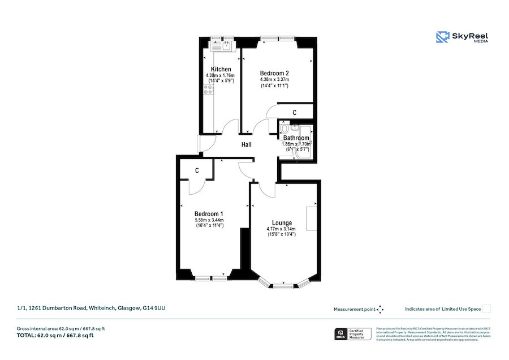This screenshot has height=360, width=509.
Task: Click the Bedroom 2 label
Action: point(274,73)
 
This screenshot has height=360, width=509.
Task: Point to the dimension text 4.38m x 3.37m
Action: point(274,80)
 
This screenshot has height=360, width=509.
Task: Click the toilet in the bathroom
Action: point(284,128)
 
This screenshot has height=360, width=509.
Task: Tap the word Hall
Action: point(246,145)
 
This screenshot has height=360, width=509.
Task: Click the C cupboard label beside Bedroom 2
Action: point(294,113)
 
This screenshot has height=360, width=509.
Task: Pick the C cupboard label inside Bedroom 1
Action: point(196,170)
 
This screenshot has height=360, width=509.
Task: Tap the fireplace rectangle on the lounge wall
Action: point(311,218)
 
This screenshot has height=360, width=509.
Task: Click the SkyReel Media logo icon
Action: point(442,37)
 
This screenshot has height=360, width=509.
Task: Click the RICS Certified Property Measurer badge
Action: point(354,334)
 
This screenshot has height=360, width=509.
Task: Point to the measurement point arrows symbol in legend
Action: point(381,309)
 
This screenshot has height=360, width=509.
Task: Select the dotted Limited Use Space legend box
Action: point(486,308)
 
